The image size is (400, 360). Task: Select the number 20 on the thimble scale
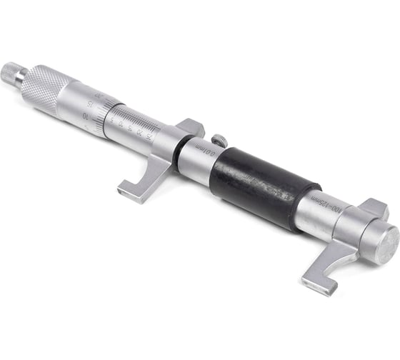tap(98, 93)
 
